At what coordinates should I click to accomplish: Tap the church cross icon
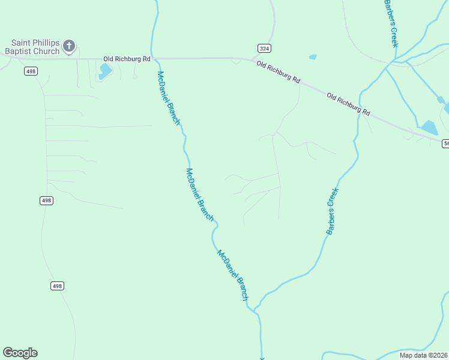click(69, 46)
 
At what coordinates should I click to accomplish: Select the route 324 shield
click(264, 47)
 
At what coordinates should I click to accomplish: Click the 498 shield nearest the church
click(31, 71)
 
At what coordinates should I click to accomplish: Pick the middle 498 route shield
click(46, 200)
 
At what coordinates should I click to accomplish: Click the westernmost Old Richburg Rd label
click(127, 59)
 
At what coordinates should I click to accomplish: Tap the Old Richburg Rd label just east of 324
click(278, 72)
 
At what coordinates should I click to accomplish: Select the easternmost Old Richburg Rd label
click(349, 104)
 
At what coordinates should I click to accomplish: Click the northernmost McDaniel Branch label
click(168, 97)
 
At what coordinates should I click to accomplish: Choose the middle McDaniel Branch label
click(199, 194)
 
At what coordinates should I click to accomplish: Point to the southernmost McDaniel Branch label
click(232, 275)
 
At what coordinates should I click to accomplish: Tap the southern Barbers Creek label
click(333, 211)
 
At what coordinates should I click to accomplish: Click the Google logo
click(20, 353)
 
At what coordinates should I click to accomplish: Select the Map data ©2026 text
click(423, 355)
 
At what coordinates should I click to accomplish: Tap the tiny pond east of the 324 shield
click(313, 57)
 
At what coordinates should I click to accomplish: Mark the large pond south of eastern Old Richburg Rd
click(429, 127)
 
